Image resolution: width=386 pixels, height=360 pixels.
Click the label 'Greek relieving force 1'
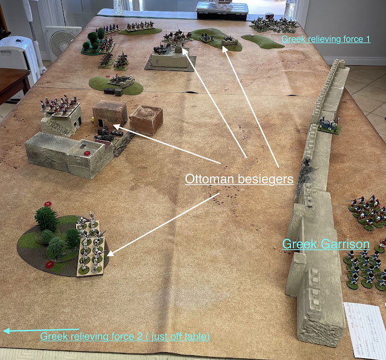(325, 39)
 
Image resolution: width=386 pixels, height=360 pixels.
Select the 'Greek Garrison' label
(326, 244)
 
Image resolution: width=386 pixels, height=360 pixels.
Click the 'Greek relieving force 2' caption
(125, 336)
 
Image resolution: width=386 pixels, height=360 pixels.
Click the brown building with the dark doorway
(110, 115)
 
